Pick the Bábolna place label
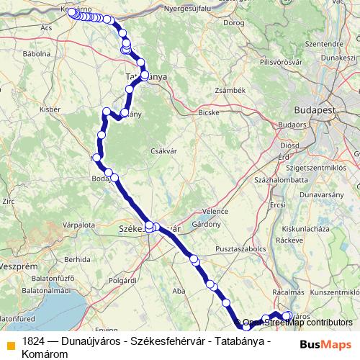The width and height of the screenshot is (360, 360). pyautogui.click(x=35, y=53)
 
